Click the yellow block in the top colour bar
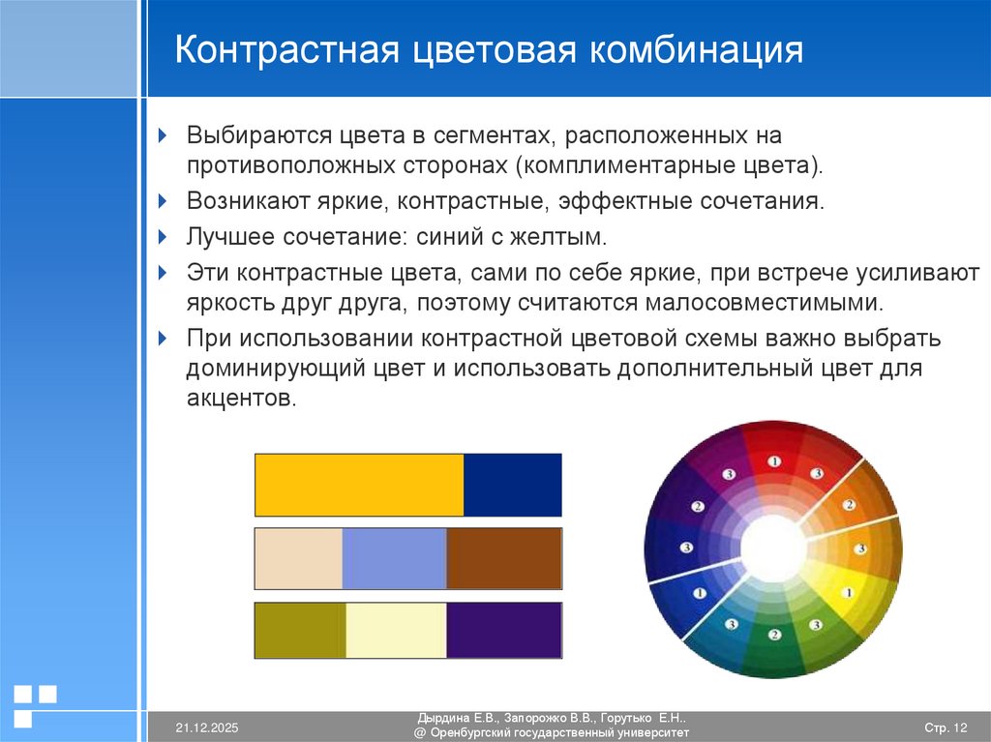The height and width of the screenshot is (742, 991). [x=359, y=484]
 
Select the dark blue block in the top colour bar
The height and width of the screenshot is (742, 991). [x=512, y=484]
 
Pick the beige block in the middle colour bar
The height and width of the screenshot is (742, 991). [x=298, y=558]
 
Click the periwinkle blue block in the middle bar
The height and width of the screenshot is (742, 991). [x=394, y=558]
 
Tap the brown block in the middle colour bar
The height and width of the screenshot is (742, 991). [x=503, y=558]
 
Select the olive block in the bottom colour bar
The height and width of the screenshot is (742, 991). [x=300, y=630]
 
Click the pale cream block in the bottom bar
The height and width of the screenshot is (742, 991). [x=396, y=630]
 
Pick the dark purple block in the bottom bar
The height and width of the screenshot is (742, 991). [x=503, y=630]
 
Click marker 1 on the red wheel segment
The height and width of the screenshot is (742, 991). [x=773, y=462]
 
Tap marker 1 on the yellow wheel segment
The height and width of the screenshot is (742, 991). [x=848, y=592]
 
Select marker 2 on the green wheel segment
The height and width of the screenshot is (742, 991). [x=773, y=636]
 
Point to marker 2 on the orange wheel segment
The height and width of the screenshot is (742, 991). [x=848, y=505]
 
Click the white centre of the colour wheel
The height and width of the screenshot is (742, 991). [x=773, y=549]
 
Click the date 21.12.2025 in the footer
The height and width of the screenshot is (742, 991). [x=206, y=727]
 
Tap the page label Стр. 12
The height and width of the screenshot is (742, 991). [x=946, y=727]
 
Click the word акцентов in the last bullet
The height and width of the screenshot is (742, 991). [x=239, y=399]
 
